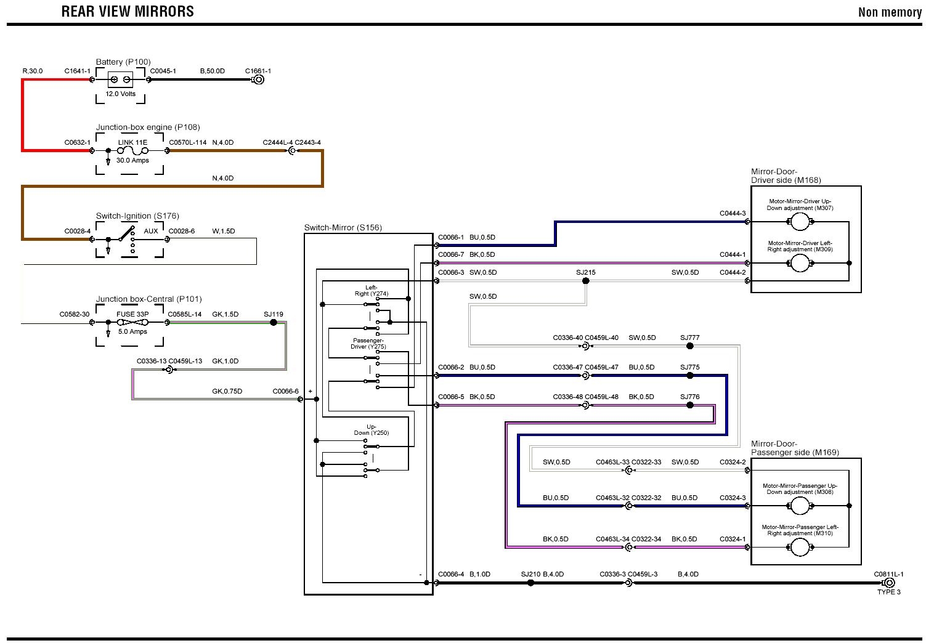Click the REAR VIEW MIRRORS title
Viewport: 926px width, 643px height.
(128, 11)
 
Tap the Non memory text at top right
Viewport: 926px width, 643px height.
(890, 12)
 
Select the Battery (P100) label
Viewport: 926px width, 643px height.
(123, 62)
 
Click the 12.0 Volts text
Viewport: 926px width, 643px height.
(120, 94)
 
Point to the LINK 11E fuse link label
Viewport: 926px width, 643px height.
(132, 142)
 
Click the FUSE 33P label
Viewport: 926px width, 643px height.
(132, 314)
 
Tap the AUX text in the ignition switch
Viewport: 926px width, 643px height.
(151, 231)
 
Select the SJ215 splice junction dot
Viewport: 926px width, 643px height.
(585, 281)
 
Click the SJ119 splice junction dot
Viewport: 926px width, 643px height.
(274, 322)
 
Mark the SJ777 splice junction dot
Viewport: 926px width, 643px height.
(689, 346)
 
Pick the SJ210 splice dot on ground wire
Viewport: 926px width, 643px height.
(530, 583)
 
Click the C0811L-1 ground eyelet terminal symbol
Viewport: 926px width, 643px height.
(888, 583)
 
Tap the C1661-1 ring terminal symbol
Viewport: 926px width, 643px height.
(258, 79)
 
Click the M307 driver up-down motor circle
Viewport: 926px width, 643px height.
(800, 222)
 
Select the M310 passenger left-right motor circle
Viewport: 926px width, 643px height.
(800, 547)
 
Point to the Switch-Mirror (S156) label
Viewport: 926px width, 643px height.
(343, 228)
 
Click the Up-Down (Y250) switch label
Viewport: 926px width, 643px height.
(372, 430)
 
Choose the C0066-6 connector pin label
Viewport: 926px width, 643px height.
(285, 391)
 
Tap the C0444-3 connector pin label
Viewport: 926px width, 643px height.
(733, 213)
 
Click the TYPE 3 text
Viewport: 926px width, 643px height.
(889, 592)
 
